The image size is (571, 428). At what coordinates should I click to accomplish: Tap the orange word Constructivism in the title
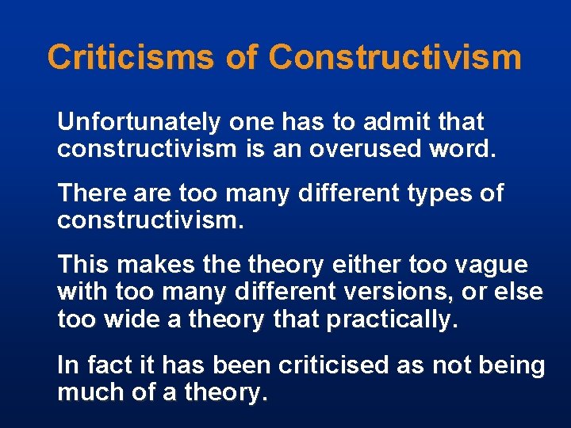pyautogui.click(x=395, y=58)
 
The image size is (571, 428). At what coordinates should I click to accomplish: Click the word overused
pyautogui.click(x=384, y=149)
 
